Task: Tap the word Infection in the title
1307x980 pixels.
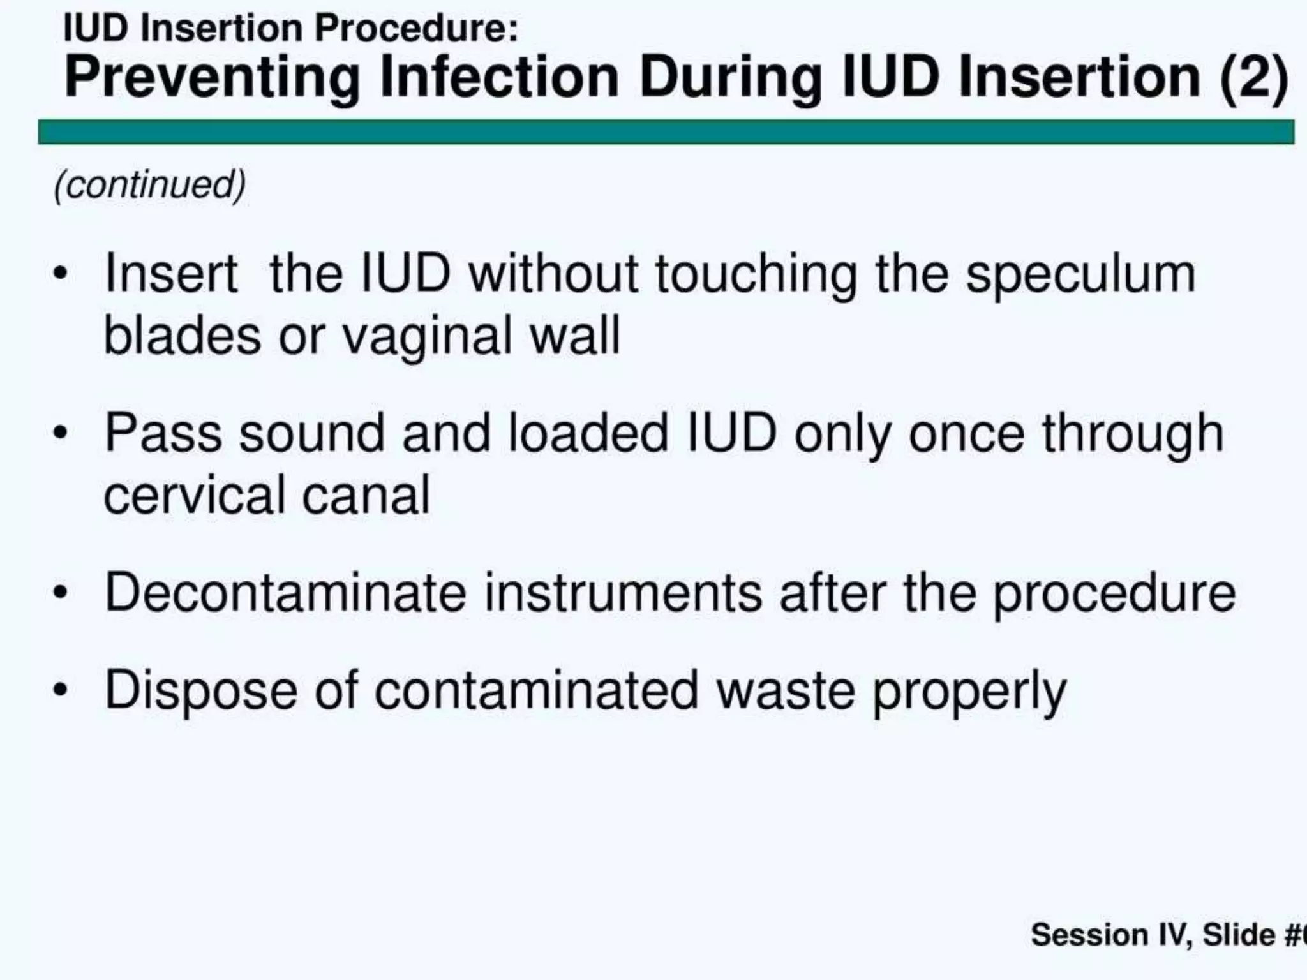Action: coord(500,78)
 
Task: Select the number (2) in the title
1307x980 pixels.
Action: coord(1254,78)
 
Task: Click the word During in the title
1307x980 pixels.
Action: coord(731,78)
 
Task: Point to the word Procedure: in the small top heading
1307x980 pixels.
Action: coord(416,29)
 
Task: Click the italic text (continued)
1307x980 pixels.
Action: coord(150,185)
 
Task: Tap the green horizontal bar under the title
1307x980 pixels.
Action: coord(666,132)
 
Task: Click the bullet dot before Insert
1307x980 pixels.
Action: coord(61,274)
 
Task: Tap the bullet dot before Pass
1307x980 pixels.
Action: coord(61,434)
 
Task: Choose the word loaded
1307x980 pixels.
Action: coord(588,434)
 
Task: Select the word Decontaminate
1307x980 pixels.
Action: coord(285,593)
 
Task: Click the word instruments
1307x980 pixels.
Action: coord(623,593)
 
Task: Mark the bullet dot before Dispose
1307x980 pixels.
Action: coord(61,690)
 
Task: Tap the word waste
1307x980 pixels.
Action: coord(785,690)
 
